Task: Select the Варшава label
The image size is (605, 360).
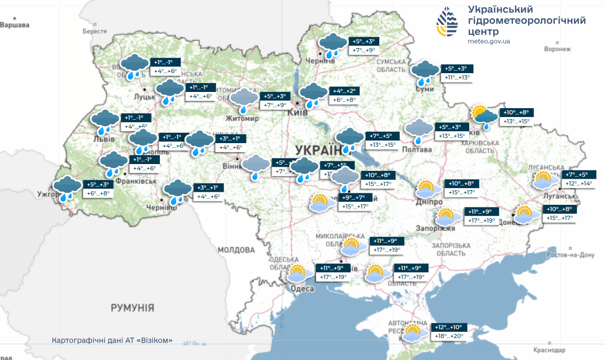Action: pyautogui.click(x=15, y=25)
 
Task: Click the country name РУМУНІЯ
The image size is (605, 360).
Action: pyautogui.click(x=132, y=308)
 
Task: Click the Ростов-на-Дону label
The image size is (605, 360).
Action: pyautogui.click(x=571, y=255)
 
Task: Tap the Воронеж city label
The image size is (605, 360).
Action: pyautogui.click(x=557, y=49)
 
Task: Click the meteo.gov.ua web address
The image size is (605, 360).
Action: pyautogui.click(x=488, y=41)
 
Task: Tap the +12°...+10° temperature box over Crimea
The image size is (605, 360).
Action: pyautogui.click(x=448, y=328)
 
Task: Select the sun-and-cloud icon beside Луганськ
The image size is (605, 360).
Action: pyautogui.click(x=543, y=180)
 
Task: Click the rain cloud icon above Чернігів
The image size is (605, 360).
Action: pyautogui.click(x=332, y=44)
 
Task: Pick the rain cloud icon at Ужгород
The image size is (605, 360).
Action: pyautogui.click(x=67, y=189)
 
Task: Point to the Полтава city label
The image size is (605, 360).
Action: pyautogui.click(x=417, y=150)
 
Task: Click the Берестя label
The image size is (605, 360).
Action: pyautogui.click(x=94, y=31)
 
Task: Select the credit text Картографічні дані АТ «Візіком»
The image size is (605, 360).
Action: pyautogui.click(x=112, y=340)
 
